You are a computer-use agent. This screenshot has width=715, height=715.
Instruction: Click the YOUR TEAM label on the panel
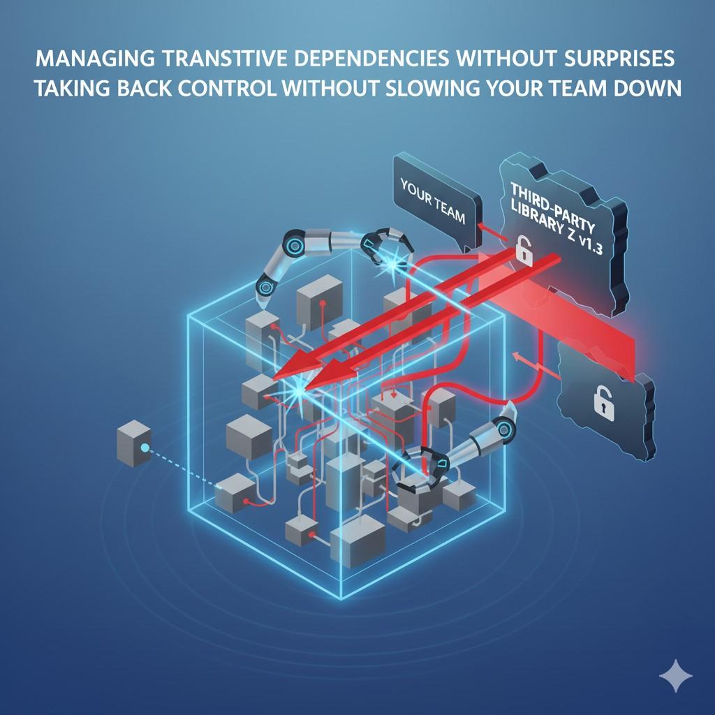(433, 201)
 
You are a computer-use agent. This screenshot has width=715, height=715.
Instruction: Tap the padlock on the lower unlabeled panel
(603, 402)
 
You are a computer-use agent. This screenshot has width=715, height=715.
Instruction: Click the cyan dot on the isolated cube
(145, 448)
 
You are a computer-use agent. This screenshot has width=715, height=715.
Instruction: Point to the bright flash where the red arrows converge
(302, 382)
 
